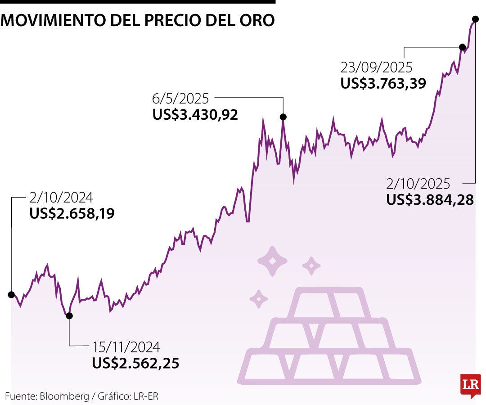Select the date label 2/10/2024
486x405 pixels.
coord(61,198)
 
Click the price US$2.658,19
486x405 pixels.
coord(72,213)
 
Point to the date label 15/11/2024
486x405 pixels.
coord(126,347)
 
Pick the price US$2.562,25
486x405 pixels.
coord(135,363)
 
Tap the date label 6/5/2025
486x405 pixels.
coord(180,98)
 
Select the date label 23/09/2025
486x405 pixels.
coord(376,67)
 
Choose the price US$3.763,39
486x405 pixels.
coord(383,83)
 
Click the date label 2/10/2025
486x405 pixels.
coord(418,184)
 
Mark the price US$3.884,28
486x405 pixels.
coord(430,200)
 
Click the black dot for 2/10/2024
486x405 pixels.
coord(11,294)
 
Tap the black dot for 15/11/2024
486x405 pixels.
coord(69,315)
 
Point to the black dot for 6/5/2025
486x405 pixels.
coord(283,117)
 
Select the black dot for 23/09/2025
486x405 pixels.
coord(462,47)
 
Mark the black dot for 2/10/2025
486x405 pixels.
coord(475,19)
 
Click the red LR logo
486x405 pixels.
coord(470,385)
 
